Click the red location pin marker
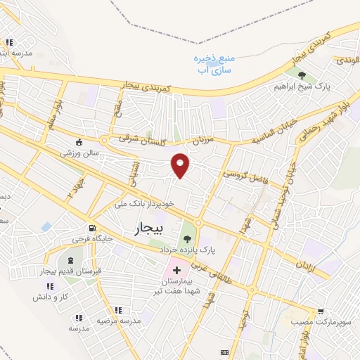(181, 165)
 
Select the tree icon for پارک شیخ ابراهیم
(302, 75)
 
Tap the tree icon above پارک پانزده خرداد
(187, 239)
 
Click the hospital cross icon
(176, 270)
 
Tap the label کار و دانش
(49, 297)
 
